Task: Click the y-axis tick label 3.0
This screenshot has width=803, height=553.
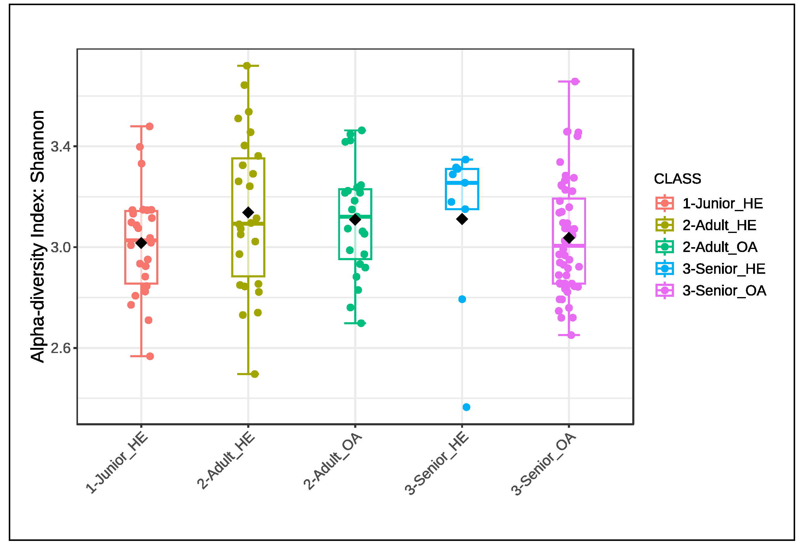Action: click(x=60, y=248)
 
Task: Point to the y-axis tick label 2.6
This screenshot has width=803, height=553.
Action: click(x=60, y=348)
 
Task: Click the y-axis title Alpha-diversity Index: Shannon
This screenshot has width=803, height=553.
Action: click(x=37, y=236)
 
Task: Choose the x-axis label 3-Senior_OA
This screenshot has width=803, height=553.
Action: click(x=544, y=464)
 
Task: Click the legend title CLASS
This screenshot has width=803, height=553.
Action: click(x=677, y=179)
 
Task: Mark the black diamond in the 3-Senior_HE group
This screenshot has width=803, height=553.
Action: click(x=462, y=219)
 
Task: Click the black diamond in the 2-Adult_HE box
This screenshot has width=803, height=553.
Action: click(x=248, y=212)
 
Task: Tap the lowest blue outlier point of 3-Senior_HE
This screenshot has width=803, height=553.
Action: click(x=467, y=407)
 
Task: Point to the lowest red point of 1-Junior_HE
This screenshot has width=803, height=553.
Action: click(x=150, y=356)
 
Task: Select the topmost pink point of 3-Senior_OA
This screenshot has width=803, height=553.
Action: click(x=575, y=81)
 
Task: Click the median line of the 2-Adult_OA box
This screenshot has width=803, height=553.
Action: click(x=355, y=216)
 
